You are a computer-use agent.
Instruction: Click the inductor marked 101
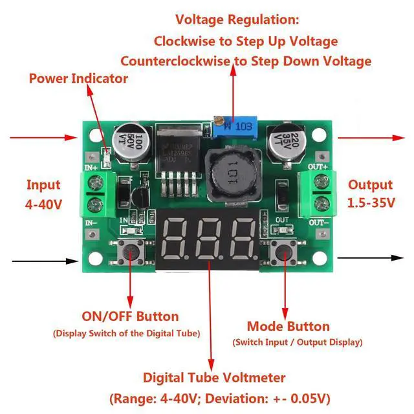(x=228, y=173)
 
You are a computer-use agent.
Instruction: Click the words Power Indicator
(x=78, y=79)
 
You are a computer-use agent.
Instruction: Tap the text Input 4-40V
(x=43, y=193)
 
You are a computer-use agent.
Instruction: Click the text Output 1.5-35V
(x=371, y=193)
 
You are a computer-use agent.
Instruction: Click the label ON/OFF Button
(x=130, y=316)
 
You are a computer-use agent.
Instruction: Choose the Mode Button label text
(x=289, y=326)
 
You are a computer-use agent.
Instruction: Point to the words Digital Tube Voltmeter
(x=214, y=376)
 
